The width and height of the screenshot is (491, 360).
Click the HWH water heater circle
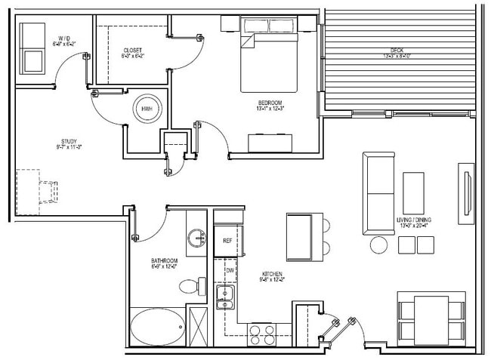pos(147,108)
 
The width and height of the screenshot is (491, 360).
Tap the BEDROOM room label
pos(270,103)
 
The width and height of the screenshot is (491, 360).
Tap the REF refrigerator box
pos(226,241)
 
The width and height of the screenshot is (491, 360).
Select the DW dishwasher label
pos(229,270)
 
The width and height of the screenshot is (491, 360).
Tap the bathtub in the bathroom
pos(157,327)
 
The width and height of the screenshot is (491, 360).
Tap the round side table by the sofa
pos(378,244)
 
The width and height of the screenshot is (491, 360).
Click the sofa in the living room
pos(378,192)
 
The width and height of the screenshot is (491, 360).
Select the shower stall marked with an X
pos(199,326)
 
